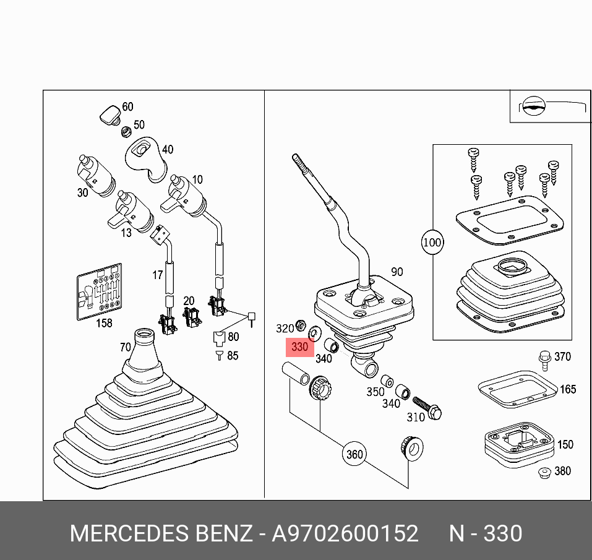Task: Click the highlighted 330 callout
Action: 299,347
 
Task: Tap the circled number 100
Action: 432,242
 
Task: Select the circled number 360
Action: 354,455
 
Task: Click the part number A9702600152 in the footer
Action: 345,533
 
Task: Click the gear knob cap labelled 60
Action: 109,114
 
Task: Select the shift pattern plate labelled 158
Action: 99,292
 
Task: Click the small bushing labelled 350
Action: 387,380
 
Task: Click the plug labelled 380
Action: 544,473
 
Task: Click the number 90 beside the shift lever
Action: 397,272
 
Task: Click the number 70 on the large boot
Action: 125,347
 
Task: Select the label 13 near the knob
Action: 126,233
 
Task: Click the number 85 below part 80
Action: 232,356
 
